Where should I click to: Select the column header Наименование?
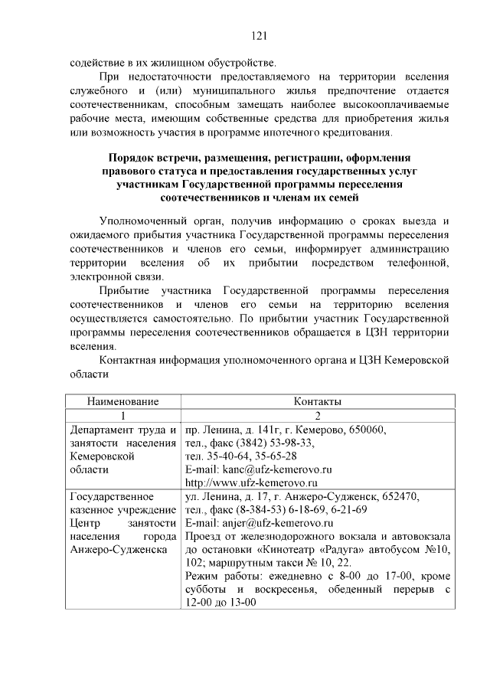[122, 401]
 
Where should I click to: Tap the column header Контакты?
[317, 401]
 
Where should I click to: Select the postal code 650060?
[367, 428]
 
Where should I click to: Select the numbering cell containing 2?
[317, 414]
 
